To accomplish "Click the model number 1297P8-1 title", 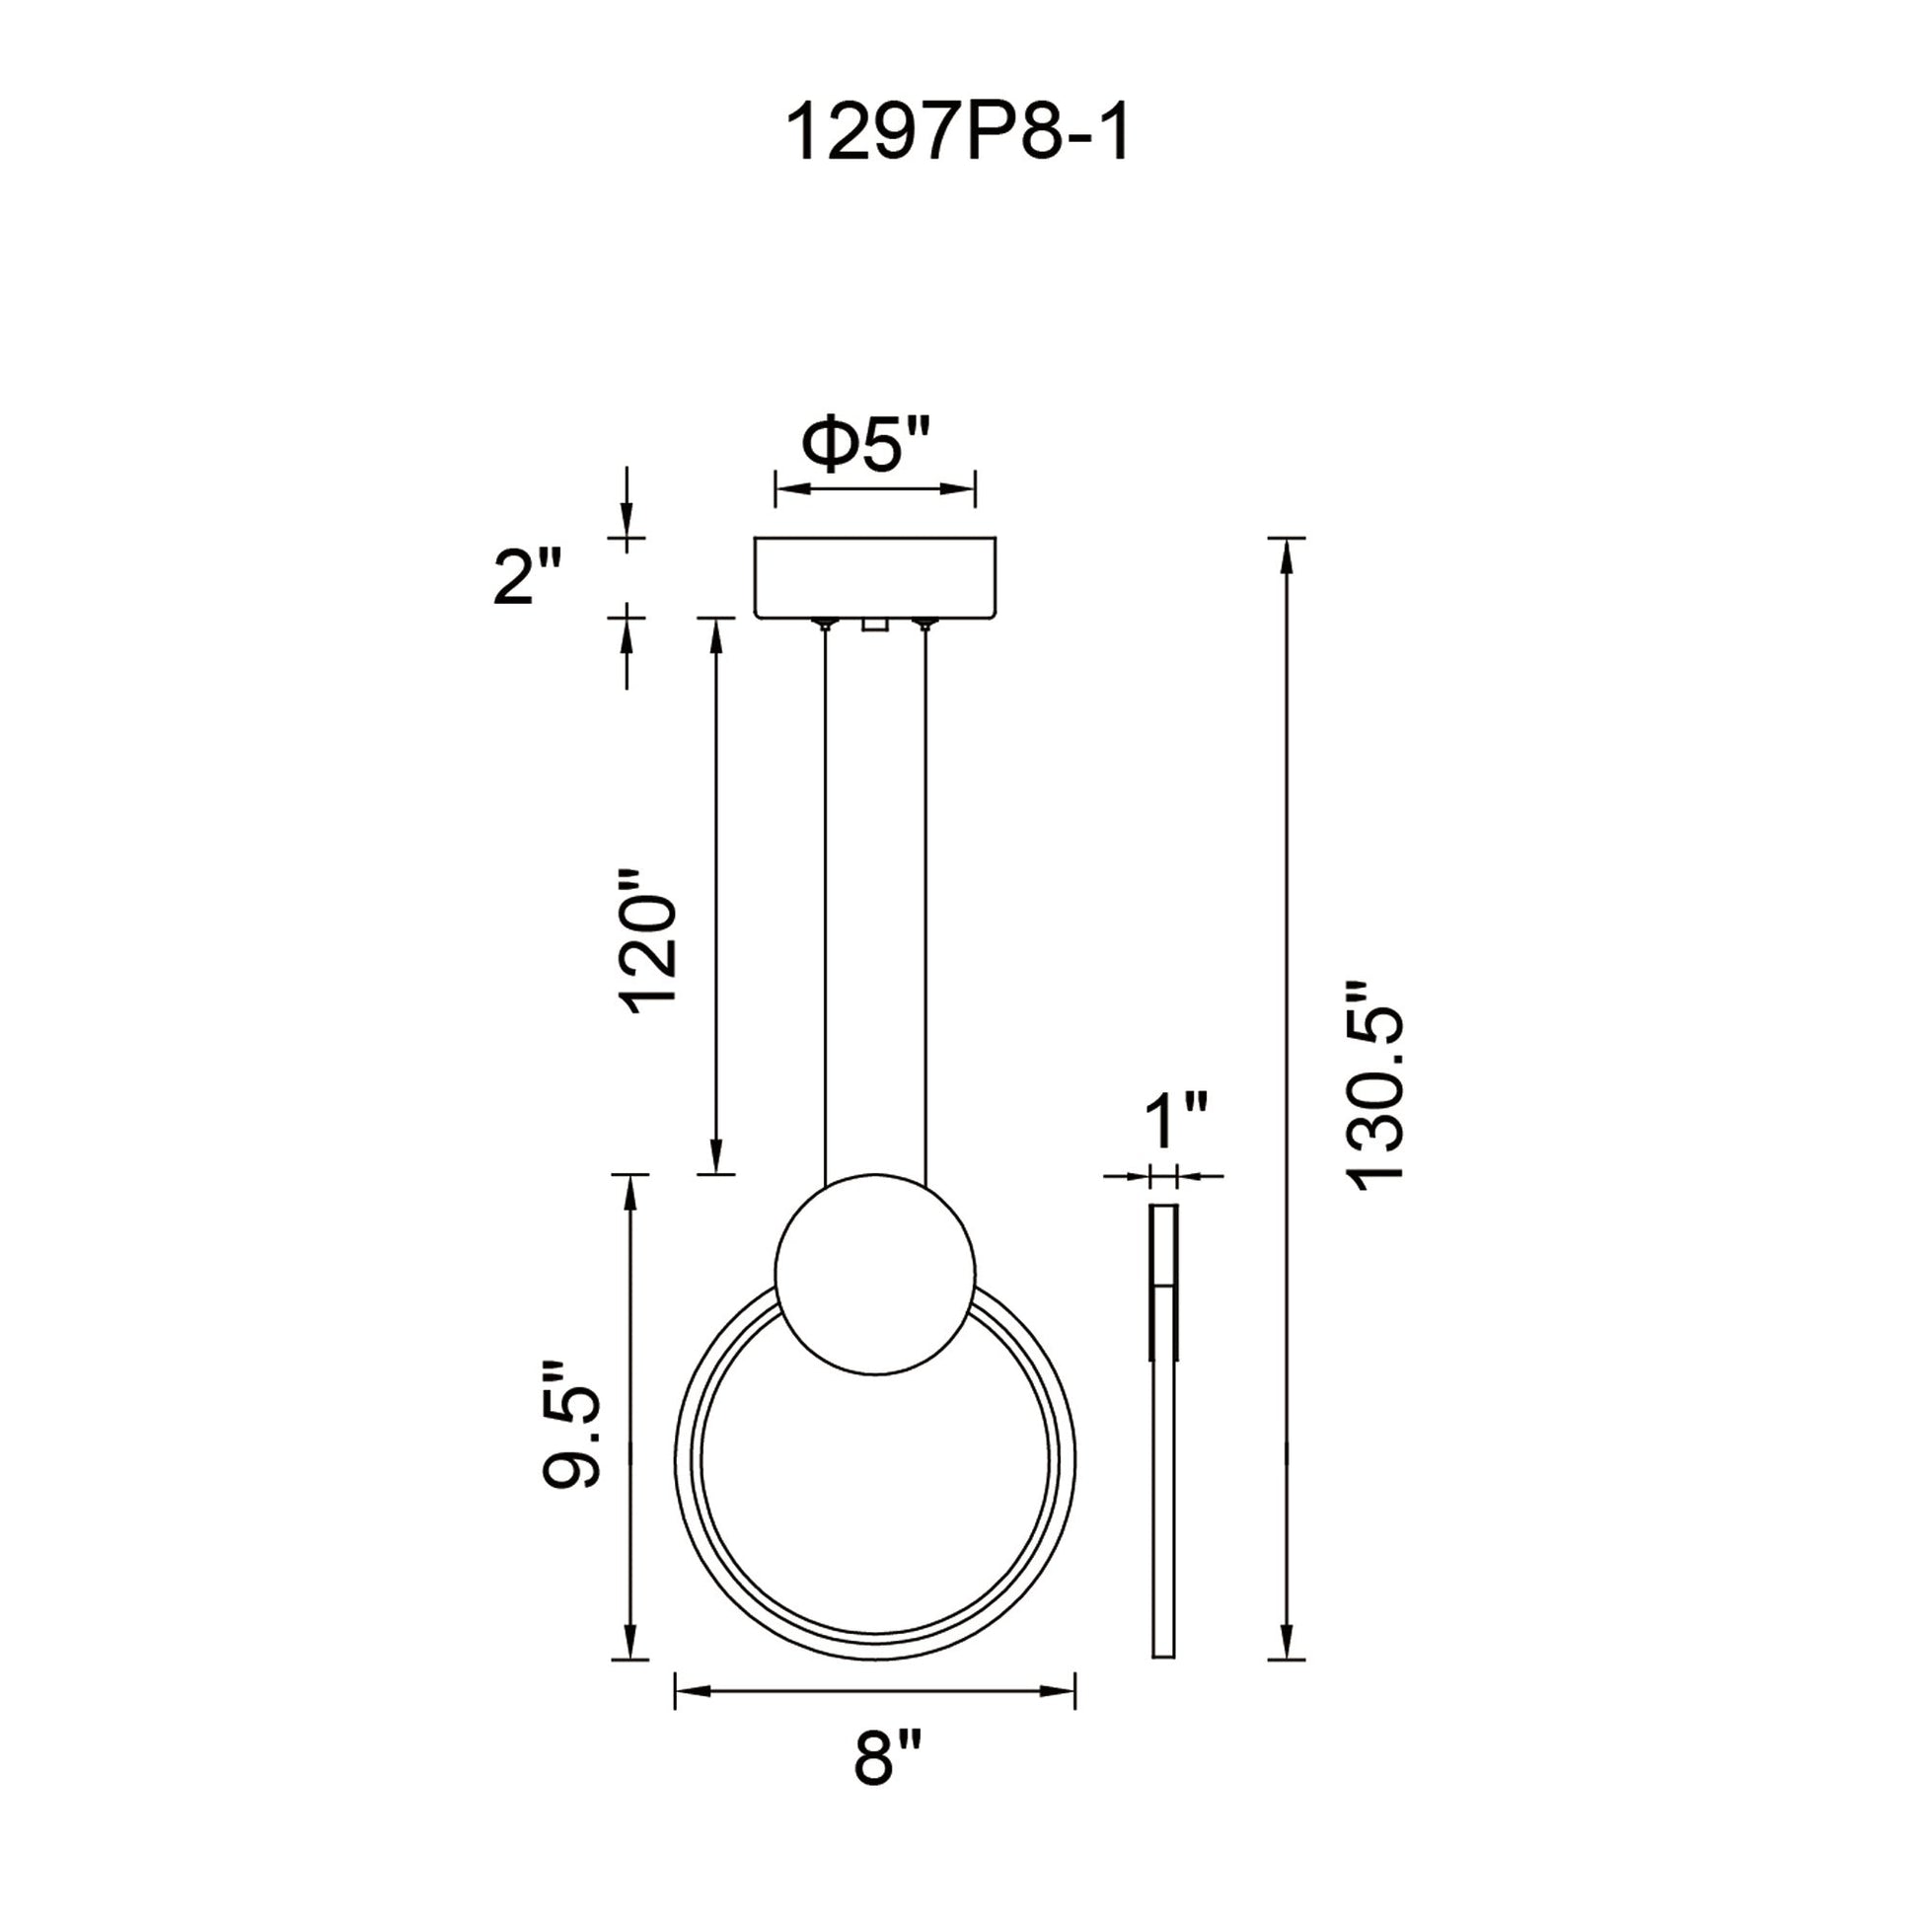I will tap(958, 135).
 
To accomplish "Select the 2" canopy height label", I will tap(527, 577).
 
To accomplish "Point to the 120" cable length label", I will tap(649, 939).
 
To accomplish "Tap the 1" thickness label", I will tap(1176, 1122).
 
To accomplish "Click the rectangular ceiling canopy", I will tap(875, 577).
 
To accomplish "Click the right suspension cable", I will tap(926, 895).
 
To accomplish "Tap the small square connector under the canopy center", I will tap(875, 625).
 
